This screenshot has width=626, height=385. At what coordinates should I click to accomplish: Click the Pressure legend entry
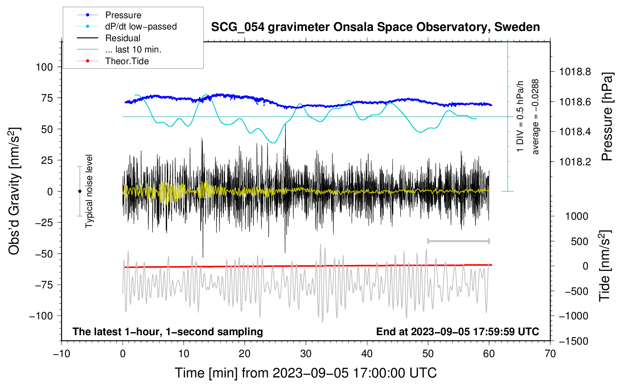109,15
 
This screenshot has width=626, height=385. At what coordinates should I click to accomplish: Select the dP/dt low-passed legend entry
127,26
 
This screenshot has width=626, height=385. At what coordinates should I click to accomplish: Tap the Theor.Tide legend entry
113,61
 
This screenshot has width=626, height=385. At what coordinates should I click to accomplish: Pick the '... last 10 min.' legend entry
119,49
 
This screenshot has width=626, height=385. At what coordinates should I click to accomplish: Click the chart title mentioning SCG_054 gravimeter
375,27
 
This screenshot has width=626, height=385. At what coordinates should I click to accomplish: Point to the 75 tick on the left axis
47,98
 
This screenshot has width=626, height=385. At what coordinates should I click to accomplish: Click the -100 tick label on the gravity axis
41,316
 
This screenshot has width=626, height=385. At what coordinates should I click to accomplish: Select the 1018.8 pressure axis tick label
575,72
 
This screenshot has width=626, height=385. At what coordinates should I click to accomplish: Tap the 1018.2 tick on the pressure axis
575,162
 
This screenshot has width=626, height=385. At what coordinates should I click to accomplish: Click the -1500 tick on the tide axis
574,341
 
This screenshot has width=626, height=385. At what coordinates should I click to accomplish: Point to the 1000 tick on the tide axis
577,216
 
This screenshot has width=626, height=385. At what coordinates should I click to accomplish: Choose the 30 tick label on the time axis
306,354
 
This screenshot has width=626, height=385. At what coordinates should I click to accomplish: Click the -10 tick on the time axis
61,354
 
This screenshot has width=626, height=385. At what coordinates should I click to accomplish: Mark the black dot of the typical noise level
80,191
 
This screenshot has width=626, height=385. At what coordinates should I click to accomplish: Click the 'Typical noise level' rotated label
89,191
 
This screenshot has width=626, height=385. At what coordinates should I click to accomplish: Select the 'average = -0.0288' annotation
535,117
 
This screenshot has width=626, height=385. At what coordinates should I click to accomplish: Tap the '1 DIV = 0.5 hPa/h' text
520,116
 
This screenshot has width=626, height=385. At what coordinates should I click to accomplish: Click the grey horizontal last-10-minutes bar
458,241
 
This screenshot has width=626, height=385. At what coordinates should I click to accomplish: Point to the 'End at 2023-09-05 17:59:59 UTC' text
457,331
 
